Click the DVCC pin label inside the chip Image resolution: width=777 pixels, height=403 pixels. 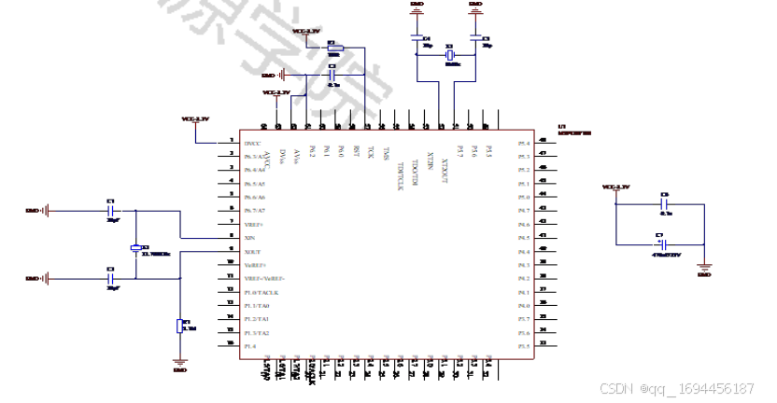click(252, 143)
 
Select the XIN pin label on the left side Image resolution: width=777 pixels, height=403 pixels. click(249, 238)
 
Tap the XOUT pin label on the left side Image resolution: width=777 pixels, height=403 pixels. click(252, 252)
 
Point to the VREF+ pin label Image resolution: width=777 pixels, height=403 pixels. click(253, 225)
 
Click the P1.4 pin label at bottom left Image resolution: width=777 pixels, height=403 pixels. click(250, 347)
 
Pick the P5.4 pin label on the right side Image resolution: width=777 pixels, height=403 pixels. click(524, 143)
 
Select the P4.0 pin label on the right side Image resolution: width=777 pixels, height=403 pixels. click(524, 306)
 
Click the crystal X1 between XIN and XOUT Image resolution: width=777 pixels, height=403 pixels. click(136, 248)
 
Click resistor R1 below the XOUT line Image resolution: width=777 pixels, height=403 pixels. click(180, 327)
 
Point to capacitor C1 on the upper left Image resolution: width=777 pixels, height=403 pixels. click(112, 211)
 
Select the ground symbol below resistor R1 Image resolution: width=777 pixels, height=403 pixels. click(180, 362)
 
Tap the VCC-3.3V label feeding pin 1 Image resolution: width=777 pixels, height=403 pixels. click(195, 119)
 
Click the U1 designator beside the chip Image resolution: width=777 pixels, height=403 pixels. click(561, 127)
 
